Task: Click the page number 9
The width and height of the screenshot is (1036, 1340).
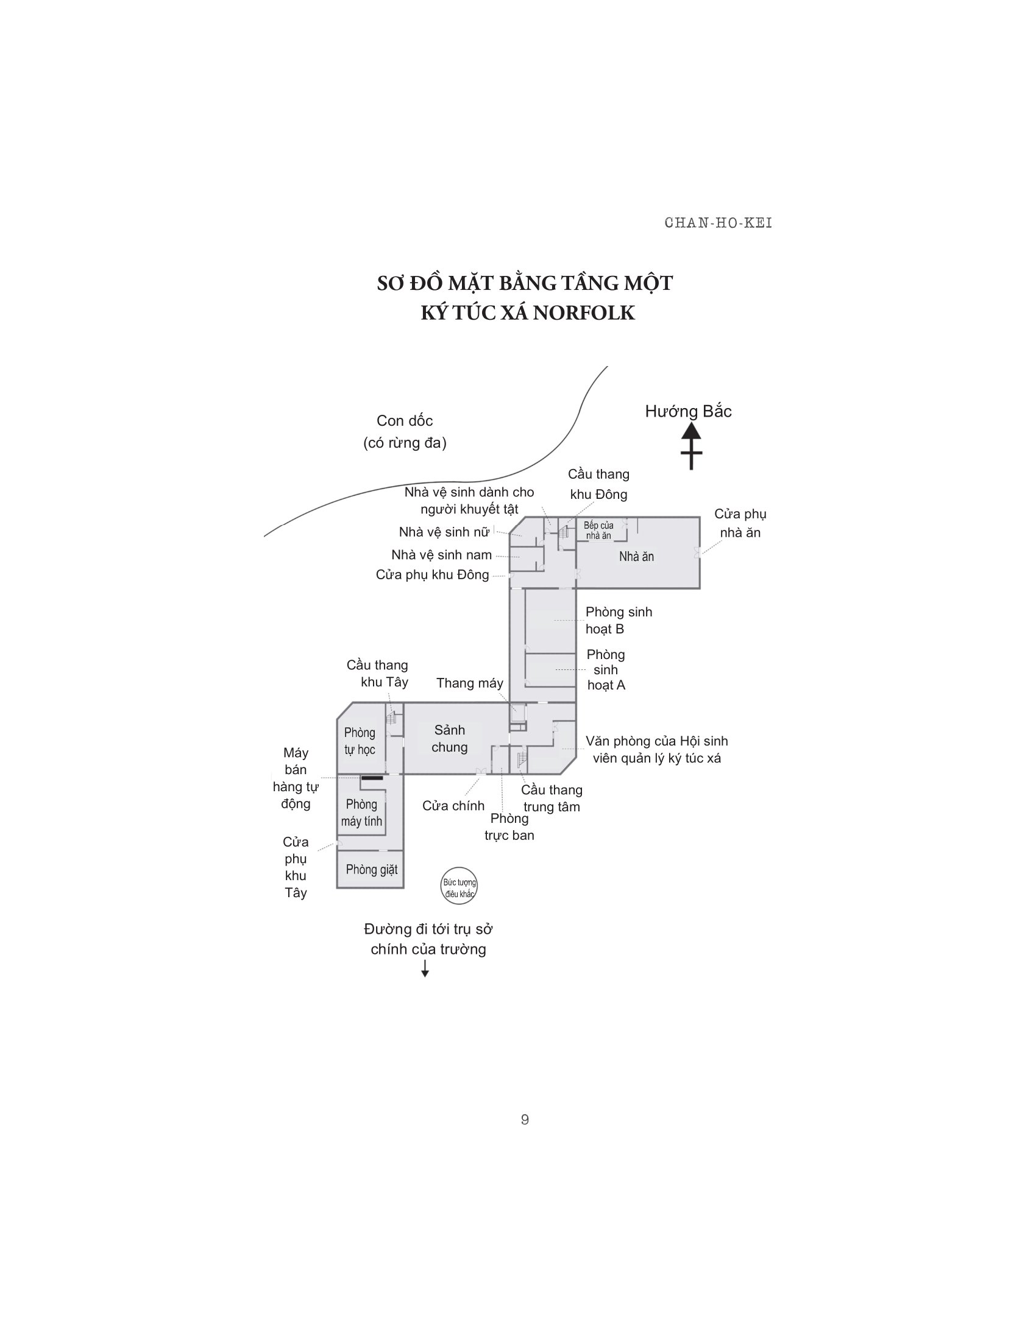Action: coord(525,1119)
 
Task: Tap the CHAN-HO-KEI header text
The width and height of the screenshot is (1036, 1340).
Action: coord(718,223)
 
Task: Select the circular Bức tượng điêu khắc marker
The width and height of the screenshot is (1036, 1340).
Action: coord(459,886)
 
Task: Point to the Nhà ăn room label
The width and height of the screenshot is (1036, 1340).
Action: coord(636,557)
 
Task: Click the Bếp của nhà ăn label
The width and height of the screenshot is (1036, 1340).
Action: coord(598,530)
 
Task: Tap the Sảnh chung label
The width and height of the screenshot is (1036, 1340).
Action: coord(449,738)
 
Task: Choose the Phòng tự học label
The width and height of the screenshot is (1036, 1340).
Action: coord(360,741)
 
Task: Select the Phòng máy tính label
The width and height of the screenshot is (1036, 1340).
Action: coord(361,813)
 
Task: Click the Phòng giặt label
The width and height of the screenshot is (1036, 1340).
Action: coord(371,869)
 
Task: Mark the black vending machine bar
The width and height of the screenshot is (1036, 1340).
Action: coord(372,778)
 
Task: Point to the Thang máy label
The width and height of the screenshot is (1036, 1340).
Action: coord(469,683)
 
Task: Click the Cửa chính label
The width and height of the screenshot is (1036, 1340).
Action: coord(453,806)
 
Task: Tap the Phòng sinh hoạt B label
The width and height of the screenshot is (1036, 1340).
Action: coord(618,619)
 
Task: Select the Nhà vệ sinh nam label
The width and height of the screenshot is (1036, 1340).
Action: coord(441,555)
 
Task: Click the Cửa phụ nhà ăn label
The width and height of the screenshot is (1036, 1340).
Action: coord(740,523)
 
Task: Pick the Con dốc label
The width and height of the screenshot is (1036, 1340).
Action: coord(405,421)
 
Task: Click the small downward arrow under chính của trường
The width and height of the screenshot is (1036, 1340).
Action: coord(425,969)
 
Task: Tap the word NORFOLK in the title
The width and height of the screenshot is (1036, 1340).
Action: coord(584,313)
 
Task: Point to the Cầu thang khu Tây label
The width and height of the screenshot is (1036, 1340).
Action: coord(377,673)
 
